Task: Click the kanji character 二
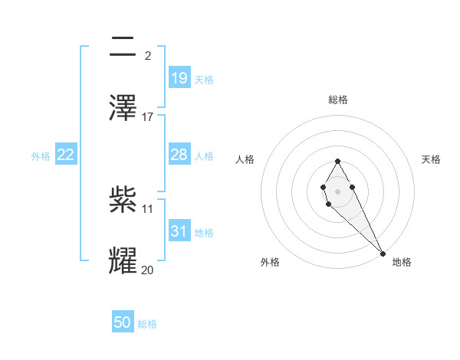point(123,47)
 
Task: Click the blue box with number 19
point(179,77)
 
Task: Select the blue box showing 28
point(179,155)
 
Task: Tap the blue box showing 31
point(179,231)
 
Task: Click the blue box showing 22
point(66,155)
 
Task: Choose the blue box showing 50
point(123,322)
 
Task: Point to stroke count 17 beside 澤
point(148,116)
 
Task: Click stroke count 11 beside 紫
point(148,208)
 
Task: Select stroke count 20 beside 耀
point(148,269)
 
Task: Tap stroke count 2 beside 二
point(148,55)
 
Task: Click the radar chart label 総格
point(337,100)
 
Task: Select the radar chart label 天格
point(431,159)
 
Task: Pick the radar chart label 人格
point(245,159)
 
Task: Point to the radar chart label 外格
point(270,262)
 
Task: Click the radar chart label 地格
point(402,262)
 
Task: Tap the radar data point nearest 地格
point(383,253)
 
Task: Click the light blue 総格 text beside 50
point(147,324)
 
